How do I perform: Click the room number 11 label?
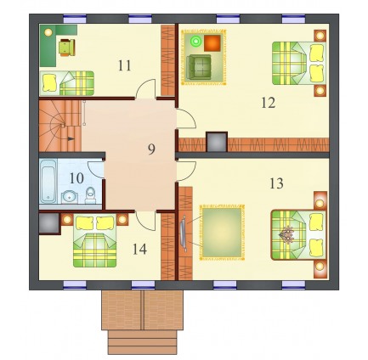tap(124, 65)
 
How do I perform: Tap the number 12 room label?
tap(268, 103)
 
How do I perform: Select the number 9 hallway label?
tap(151, 149)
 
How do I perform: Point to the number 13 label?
tap(276, 183)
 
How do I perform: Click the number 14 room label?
tap(139, 250)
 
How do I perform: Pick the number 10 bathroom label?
tap(76, 178)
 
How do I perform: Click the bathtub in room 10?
tap(48, 181)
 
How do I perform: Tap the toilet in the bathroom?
tap(90, 195)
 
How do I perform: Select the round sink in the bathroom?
tap(70, 196)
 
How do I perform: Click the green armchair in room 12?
tap(200, 66)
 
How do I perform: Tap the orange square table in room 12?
tap(212, 43)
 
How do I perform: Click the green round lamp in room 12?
tap(195, 42)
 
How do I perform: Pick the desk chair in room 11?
tap(67, 48)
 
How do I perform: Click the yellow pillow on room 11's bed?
tap(49, 82)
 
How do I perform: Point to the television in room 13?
tap(184, 233)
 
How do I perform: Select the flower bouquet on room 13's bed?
tap(287, 234)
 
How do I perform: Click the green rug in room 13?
tap(222, 233)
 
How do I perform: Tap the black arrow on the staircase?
tap(71, 138)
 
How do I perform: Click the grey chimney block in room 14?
tap(48, 223)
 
